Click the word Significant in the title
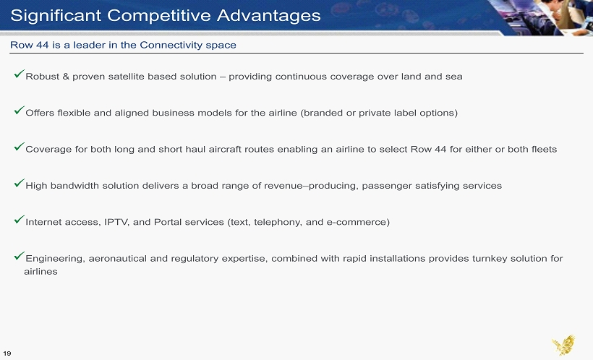point(56,16)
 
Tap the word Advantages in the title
point(269,15)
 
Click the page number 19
point(7,353)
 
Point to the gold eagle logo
point(563,345)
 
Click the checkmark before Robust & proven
point(20,74)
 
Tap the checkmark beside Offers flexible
point(20,110)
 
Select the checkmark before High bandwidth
point(20,183)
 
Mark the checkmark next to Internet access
point(20,219)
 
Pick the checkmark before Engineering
point(20,256)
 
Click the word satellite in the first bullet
point(126,77)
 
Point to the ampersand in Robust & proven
point(66,77)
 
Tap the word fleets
point(544,149)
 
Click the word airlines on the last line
point(40,272)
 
